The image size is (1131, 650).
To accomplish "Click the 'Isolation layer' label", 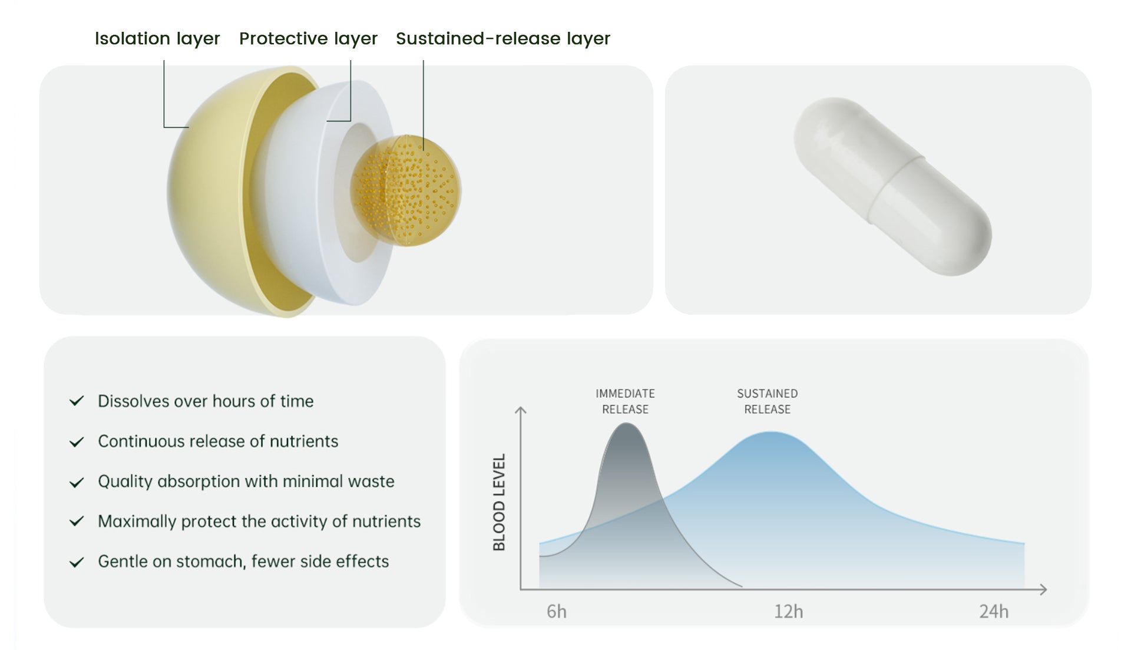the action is point(157,39).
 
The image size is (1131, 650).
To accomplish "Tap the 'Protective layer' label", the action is point(308,39).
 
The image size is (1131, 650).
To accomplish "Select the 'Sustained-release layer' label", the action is point(503,39).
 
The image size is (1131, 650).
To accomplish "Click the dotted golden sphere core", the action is point(406,191).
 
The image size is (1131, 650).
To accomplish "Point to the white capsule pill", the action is point(892,186).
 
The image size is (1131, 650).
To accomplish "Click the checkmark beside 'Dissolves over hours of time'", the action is point(77,401).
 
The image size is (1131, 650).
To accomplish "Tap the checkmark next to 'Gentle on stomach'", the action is point(77,562).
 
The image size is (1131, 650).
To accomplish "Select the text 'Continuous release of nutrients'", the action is point(218,441).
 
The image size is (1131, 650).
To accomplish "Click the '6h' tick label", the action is point(557,612).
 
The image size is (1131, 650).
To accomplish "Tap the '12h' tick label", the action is point(788,612).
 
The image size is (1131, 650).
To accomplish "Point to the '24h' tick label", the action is point(994,612).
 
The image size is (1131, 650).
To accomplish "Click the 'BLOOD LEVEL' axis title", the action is point(499,502).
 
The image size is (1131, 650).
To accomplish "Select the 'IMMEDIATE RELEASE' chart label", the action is point(625,401).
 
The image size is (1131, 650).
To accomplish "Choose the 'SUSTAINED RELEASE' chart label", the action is point(767,401).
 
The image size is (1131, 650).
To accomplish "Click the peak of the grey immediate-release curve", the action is point(626,423).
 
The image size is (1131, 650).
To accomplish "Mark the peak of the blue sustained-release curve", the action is point(770,433).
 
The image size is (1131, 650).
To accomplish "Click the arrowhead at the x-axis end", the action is point(1043,589).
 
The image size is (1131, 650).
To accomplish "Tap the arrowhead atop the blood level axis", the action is point(521,410).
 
